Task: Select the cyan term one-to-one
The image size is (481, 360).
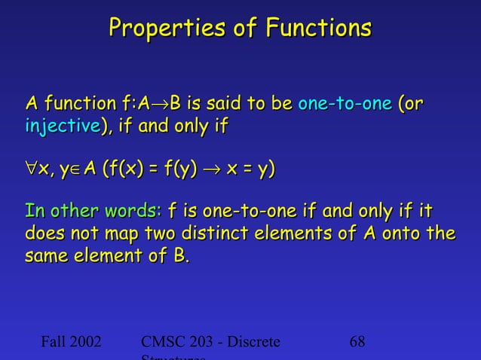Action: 345,103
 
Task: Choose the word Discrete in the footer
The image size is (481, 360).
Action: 252,342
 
